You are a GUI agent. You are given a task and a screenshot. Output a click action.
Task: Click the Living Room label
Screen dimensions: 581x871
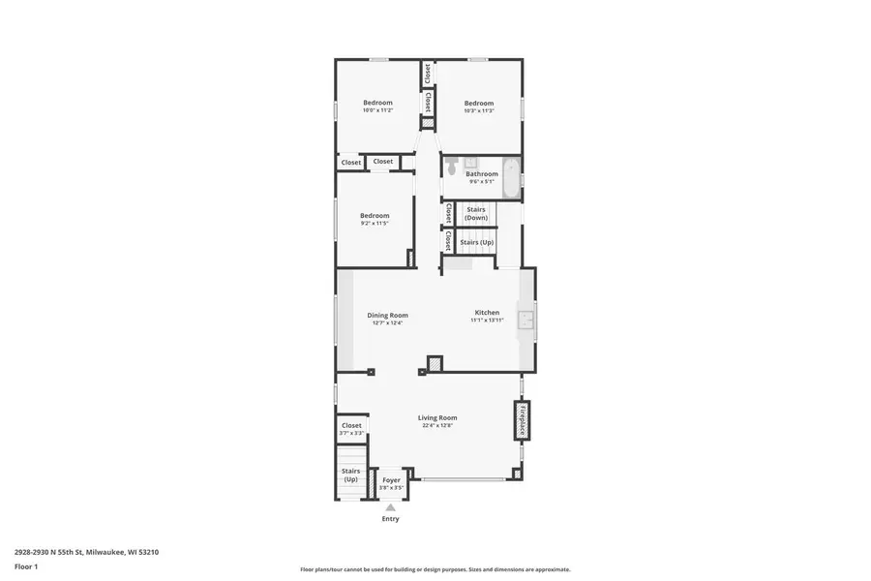pos(437,417)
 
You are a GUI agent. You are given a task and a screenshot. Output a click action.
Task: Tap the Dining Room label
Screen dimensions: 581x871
pos(387,315)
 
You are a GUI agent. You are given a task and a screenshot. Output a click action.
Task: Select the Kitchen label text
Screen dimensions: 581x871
pos(487,312)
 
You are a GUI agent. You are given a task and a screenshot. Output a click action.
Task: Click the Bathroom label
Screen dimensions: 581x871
pos(482,174)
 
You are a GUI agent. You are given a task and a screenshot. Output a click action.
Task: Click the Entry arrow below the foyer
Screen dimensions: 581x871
pos(391,506)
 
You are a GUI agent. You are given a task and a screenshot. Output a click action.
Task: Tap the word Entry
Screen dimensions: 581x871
pos(390,519)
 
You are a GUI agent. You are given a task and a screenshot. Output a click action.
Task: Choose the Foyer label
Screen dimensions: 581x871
pos(391,479)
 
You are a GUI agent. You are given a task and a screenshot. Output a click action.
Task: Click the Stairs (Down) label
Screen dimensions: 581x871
pos(475,213)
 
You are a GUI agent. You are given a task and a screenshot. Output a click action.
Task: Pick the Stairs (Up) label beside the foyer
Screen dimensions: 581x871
pos(350,474)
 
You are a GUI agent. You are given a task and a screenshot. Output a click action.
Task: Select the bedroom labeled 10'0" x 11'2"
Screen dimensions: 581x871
pos(377,107)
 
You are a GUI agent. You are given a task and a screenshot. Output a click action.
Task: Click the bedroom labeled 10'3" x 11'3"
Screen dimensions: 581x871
pos(478,107)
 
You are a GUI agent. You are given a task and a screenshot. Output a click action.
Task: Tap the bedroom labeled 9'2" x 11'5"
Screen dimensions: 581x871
pos(375,219)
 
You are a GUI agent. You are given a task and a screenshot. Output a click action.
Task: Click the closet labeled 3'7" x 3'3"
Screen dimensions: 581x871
pos(351,428)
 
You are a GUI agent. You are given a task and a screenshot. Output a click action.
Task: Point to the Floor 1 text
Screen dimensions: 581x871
pos(25,566)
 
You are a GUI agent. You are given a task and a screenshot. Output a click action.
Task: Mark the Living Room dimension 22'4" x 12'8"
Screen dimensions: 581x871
pos(437,425)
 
